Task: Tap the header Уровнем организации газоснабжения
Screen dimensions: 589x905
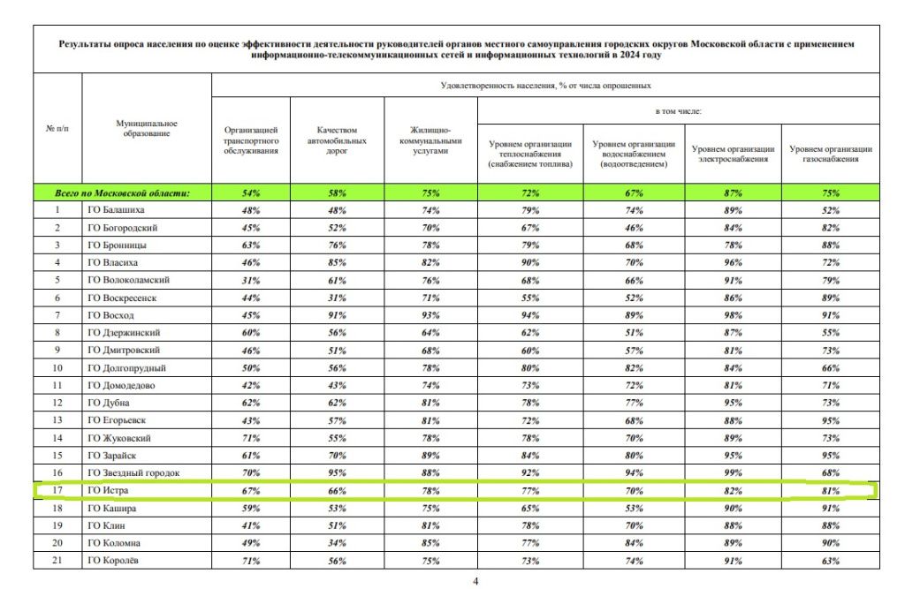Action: tap(830, 154)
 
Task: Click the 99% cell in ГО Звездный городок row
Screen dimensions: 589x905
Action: tap(733, 472)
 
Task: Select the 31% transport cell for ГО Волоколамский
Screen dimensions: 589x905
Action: tap(251, 280)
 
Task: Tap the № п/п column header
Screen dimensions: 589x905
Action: tap(57, 129)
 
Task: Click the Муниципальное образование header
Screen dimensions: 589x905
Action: tap(147, 128)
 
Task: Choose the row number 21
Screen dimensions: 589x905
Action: tap(57, 560)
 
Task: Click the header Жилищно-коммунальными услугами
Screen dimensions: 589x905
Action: tap(430, 140)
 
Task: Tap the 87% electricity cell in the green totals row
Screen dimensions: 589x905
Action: tap(733, 193)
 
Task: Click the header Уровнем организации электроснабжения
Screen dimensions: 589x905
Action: tap(733, 154)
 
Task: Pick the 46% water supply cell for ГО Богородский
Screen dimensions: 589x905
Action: tap(634, 228)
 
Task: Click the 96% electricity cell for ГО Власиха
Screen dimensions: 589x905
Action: tap(733, 262)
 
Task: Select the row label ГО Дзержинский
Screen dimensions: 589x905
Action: tap(123, 332)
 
